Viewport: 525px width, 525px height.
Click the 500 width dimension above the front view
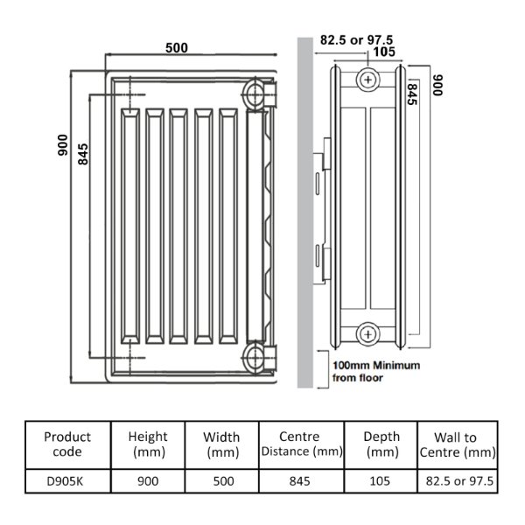click(177, 48)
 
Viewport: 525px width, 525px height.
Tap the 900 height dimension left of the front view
click(63, 145)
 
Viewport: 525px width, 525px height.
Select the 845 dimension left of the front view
click(83, 154)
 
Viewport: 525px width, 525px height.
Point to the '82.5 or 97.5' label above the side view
click(356, 40)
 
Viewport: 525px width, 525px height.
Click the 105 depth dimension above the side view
click(384, 52)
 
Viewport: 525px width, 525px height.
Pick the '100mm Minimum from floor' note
click(376, 371)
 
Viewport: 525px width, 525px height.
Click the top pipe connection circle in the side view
click(367, 80)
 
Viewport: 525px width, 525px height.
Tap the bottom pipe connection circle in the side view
click(367, 334)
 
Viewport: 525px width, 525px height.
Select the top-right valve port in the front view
click(255, 94)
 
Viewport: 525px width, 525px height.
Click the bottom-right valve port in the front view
click(255, 357)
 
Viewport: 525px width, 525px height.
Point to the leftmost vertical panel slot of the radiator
click(130, 226)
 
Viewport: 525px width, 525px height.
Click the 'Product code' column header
click(67, 444)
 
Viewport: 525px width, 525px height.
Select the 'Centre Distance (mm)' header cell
click(301, 444)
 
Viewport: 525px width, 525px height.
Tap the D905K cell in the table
click(65, 481)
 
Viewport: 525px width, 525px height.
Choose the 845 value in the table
click(299, 481)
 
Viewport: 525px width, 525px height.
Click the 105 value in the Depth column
click(380, 481)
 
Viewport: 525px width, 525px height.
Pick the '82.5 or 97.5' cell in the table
click(459, 481)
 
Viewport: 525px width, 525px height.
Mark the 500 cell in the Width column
click(223, 481)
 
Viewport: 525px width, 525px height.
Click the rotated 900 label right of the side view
click(437, 85)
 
